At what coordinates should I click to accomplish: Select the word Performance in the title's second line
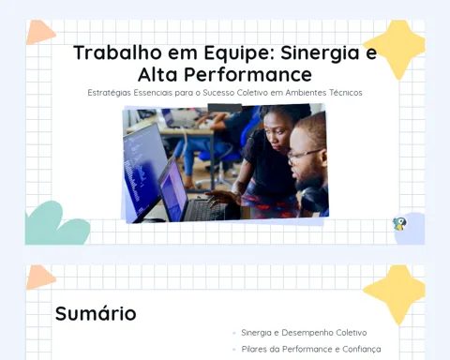coord(247,75)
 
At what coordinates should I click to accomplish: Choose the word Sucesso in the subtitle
coord(218,93)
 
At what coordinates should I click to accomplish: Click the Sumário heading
coord(96,313)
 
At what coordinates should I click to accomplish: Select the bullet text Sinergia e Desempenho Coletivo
coord(304,333)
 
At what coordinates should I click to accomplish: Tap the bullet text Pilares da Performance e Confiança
coord(311,349)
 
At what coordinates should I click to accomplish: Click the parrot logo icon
coord(399,224)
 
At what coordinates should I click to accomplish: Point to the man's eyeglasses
coord(305,156)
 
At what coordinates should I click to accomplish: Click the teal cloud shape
coord(56,224)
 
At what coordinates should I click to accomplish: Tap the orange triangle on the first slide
coord(40,32)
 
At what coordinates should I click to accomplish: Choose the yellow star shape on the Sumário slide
coord(395,293)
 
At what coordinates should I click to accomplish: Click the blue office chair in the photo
coord(218,157)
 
